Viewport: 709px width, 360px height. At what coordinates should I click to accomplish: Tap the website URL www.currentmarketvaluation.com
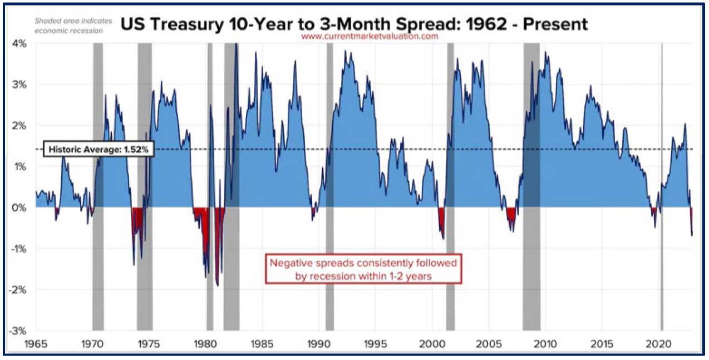[370, 36]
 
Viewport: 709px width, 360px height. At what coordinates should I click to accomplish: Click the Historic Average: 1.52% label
[99, 149]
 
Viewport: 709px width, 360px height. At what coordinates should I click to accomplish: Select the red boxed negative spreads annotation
[363, 269]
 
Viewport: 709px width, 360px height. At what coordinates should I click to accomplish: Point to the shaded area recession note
[69, 26]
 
